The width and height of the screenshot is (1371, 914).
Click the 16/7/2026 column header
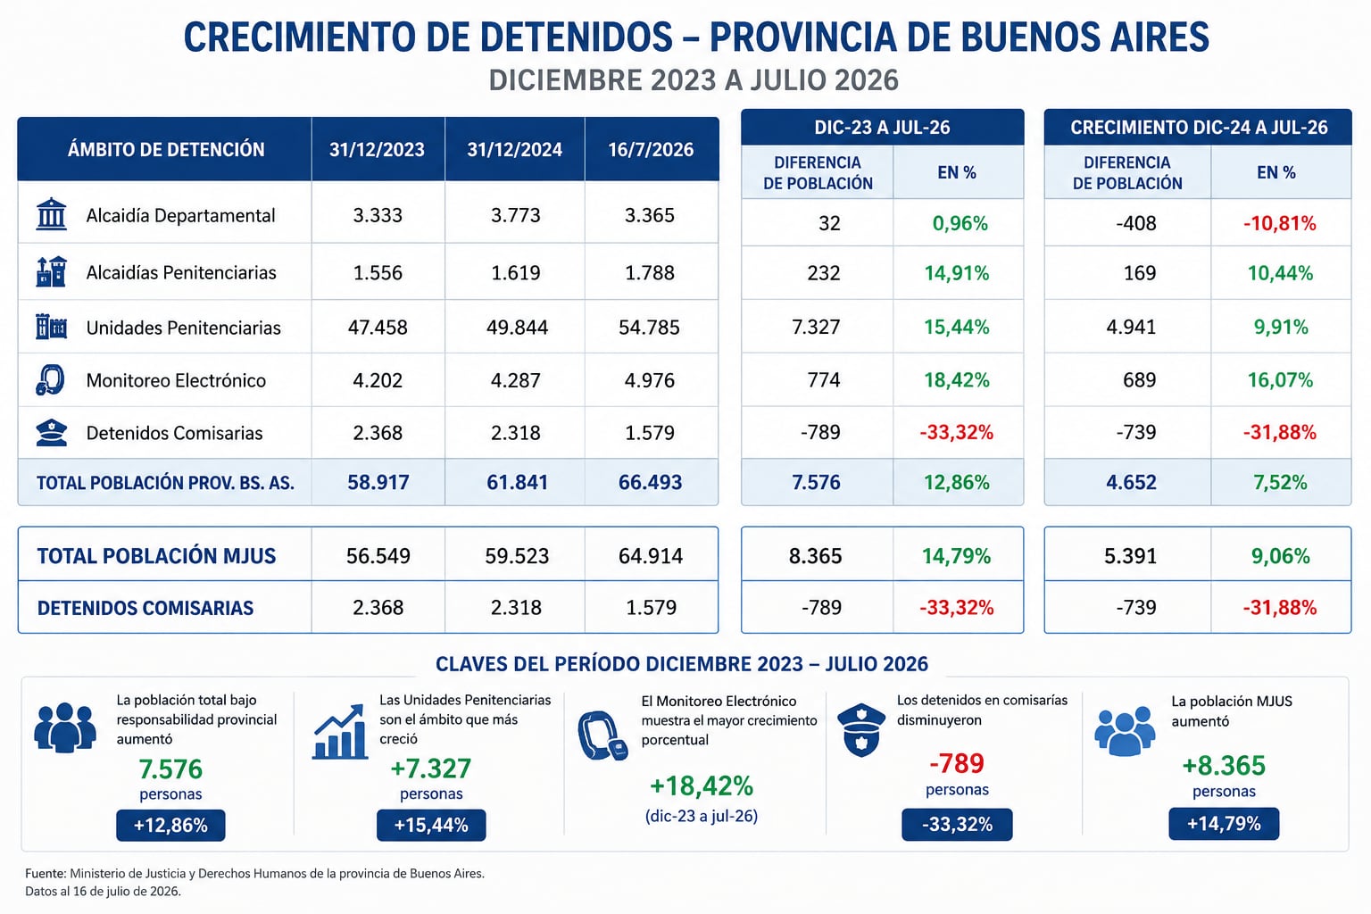coord(651,150)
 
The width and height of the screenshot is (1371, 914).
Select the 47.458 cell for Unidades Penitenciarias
coord(378,328)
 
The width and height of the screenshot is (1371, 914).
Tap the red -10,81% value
coord(1280,223)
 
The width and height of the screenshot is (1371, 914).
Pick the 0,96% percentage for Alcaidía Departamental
coord(960,223)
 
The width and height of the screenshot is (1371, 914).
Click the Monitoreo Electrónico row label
coord(176,381)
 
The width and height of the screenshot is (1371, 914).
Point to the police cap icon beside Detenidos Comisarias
coord(52,433)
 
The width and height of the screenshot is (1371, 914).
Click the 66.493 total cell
coord(650,482)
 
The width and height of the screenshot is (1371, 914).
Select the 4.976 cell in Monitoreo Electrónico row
coord(650,381)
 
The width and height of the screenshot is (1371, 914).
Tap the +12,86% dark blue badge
coord(170,826)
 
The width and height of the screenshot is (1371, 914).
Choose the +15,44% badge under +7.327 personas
coord(431,826)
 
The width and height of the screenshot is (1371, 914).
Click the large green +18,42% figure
coord(702,786)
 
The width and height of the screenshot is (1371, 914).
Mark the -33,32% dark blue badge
coord(957,825)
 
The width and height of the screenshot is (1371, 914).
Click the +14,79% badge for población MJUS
coord(1224,824)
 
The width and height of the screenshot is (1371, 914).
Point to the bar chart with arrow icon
coord(340,732)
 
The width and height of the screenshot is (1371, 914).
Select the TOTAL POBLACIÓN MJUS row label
coord(157,556)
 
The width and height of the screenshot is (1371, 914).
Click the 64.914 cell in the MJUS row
coord(651,556)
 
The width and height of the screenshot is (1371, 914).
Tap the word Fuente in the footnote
coord(46,874)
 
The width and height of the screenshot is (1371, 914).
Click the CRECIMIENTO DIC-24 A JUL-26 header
coord(1199,128)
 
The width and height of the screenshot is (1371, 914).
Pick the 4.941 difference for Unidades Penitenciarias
coord(1131,328)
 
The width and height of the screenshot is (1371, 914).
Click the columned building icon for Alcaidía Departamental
coord(52,214)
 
